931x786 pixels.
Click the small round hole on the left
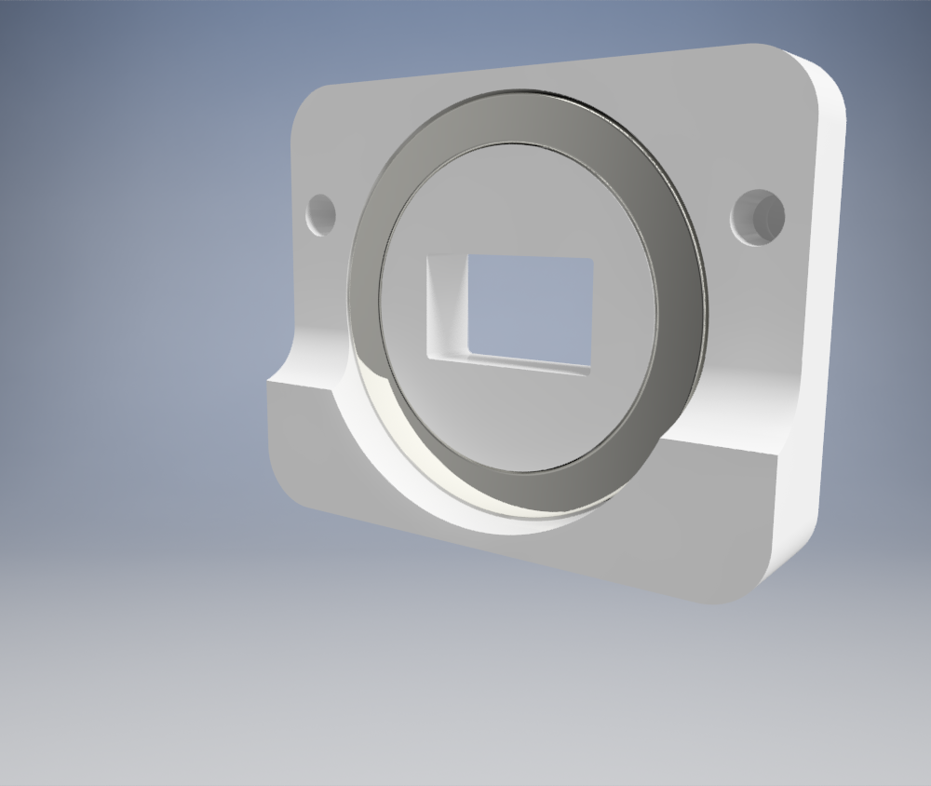[x=320, y=214]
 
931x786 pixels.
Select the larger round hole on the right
[x=757, y=217]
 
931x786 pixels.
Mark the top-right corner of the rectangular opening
[x=591, y=261]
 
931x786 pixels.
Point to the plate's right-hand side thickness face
[x=819, y=326]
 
